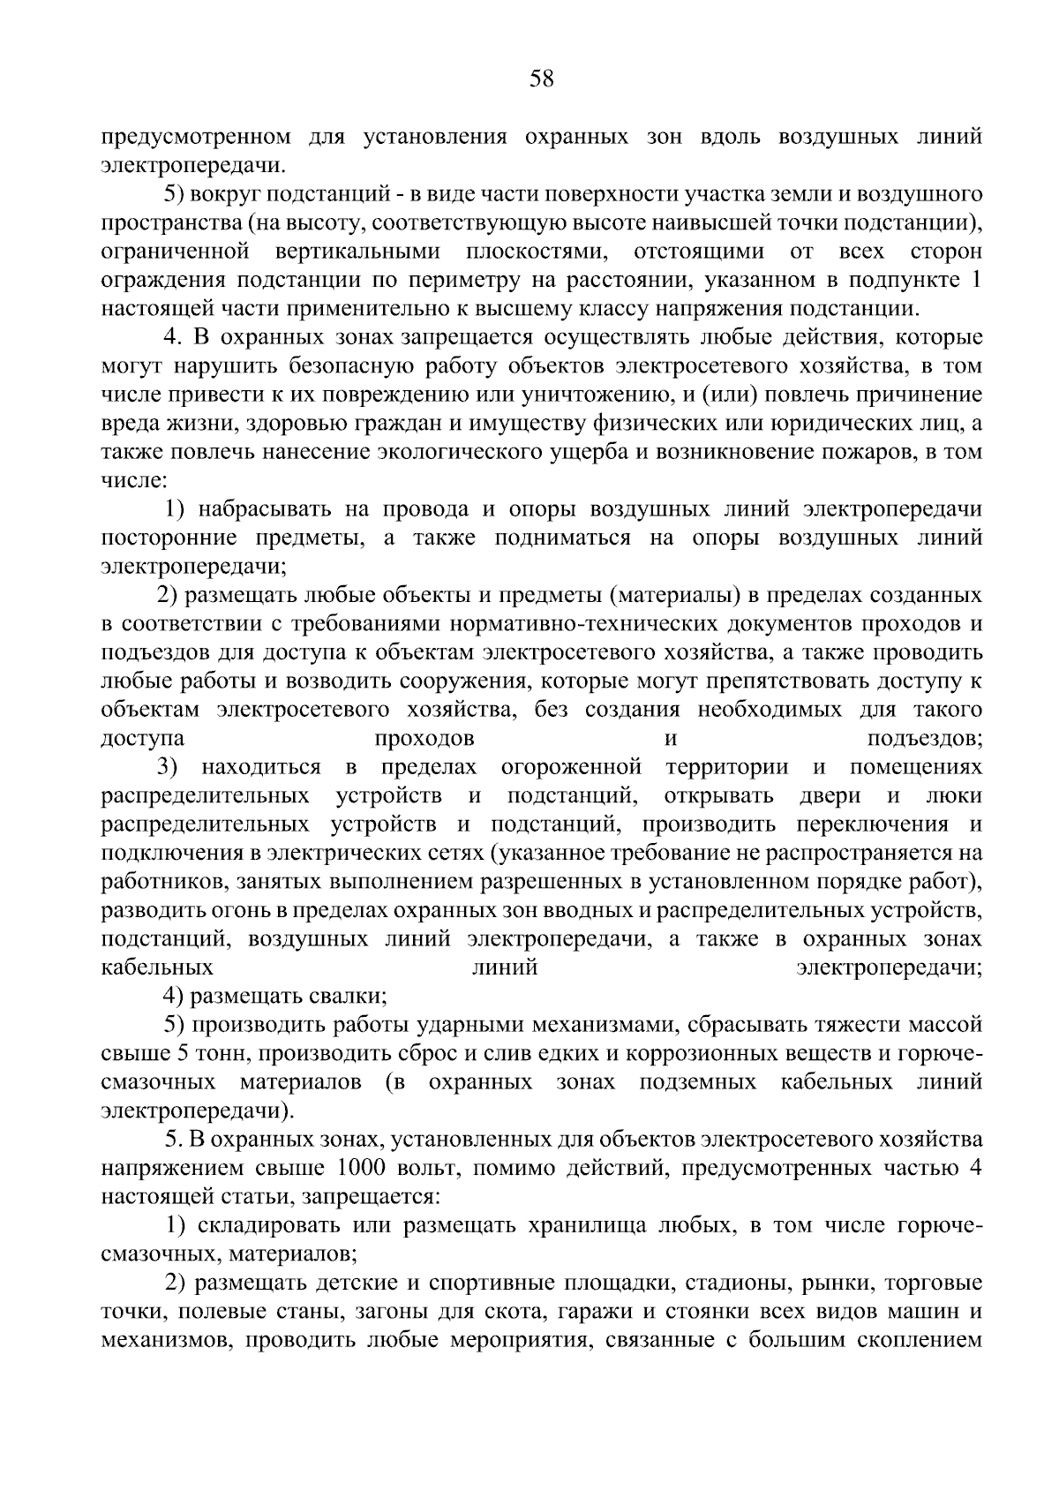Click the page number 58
coord(541,79)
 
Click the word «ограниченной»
coord(174,252)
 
